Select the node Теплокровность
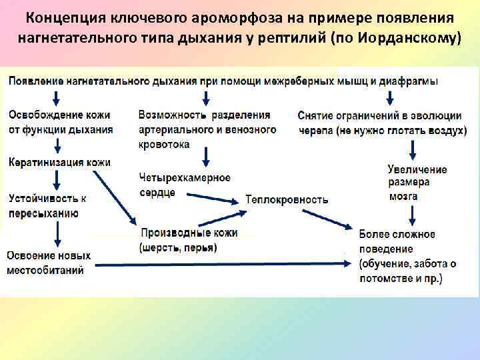tap(287, 199)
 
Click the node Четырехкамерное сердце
tap(185, 185)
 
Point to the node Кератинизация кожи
tap(59, 162)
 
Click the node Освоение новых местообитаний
tap(48, 263)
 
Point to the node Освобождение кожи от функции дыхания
tap(60, 122)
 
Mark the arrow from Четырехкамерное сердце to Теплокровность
tap(213, 197)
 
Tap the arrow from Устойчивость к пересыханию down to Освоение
tap(58, 233)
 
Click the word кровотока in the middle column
tap(164, 144)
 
